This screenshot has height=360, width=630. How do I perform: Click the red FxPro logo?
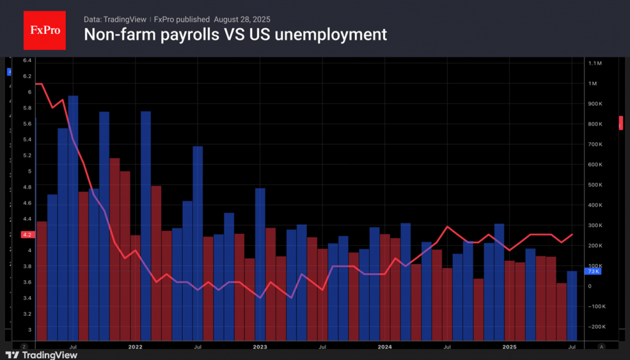pyautogui.click(x=44, y=29)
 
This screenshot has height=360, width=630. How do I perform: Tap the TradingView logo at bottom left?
pyautogui.click(x=41, y=354)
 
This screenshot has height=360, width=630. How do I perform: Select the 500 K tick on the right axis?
pyautogui.click(x=594, y=185)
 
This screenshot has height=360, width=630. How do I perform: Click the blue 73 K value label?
pyautogui.click(x=594, y=271)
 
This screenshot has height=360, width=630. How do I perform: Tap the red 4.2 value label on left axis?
pyautogui.click(x=28, y=234)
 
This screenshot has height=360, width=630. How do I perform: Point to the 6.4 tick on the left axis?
pyautogui.click(x=28, y=60)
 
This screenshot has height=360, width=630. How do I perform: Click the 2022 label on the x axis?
pyautogui.click(x=135, y=346)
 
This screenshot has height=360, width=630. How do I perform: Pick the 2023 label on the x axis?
pyautogui.click(x=260, y=346)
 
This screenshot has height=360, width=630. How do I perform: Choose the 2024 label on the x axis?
pyautogui.click(x=385, y=346)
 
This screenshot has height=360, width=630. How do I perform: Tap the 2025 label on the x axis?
pyautogui.click(x=509, y=346)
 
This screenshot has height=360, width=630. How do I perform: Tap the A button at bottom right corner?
pyautogui.click(x=601, y=346)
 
